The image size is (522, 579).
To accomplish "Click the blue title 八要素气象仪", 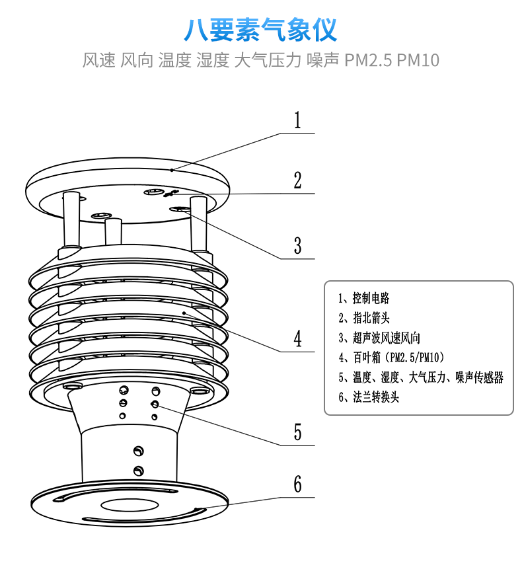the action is (260, 30).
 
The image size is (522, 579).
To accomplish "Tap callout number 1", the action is (297, 120).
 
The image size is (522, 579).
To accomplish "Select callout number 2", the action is (297, 180).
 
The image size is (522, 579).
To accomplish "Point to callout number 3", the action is (297, 246).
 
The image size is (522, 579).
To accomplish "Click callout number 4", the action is (297, 338).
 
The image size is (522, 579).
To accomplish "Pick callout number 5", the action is (297, 432).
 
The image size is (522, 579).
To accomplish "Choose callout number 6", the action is (297, 484).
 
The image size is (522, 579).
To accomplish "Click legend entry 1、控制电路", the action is (363, 298).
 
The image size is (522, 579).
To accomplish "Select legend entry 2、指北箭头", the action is (363, 317).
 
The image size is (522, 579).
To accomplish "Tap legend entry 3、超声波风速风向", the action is (379, 338).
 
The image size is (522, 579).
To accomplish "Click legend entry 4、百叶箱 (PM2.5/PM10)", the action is (391, 357).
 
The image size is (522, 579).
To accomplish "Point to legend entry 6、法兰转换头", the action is (369, 397).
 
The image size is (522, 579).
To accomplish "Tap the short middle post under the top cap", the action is (114, 232).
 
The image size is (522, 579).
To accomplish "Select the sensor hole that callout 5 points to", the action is (155, 405).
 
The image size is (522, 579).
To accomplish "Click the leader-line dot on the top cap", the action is (172, 170).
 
